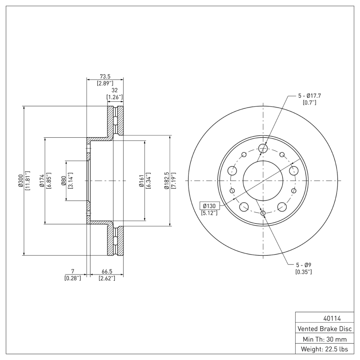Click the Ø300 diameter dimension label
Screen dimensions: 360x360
[20, 180]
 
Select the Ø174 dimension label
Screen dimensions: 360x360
[42, 180]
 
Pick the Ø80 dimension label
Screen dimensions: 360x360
[63, 180]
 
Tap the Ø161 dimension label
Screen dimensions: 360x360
[141, 180]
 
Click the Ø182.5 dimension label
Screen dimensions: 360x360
[166, 180]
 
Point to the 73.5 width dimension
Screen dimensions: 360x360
[105, 76]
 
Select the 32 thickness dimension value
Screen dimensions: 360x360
[114, 90]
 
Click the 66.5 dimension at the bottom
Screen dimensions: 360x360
[107, 271]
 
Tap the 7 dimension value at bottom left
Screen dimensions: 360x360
[72, 271]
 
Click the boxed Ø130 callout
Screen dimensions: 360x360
[210, 206]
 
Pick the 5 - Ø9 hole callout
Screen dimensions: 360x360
[303, 265]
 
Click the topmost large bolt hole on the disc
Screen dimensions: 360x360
[263, 148]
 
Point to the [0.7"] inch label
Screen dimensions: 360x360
[309, 103]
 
